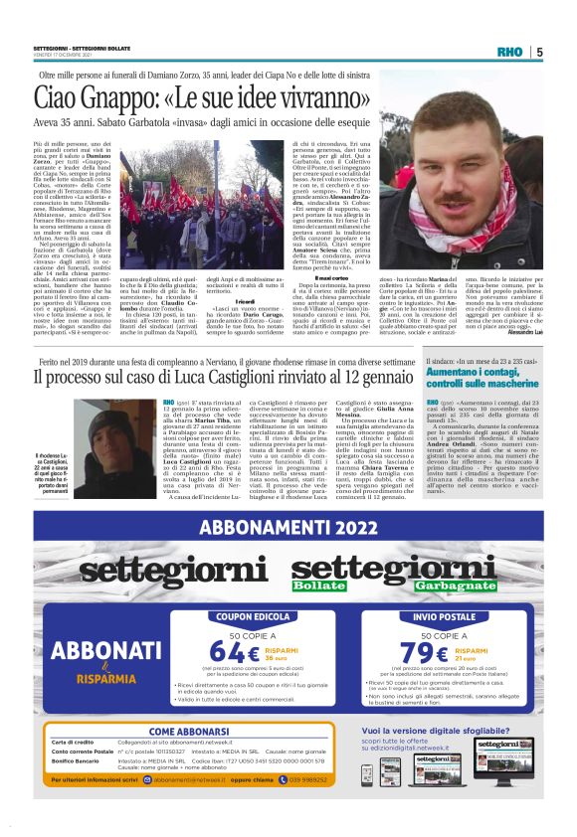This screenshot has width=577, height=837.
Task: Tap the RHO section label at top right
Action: pos(510,51)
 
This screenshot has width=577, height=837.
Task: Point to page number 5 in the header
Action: pos(538,51)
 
